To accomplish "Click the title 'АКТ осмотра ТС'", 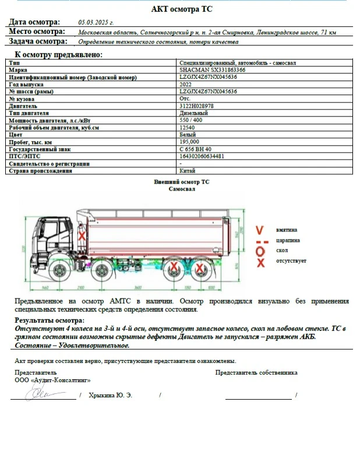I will click(x=180, y=9).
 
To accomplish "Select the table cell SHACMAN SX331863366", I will click(x=213, y=69).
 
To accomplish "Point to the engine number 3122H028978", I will click(x=196, y=106).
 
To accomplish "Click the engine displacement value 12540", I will click(x=187, y=127).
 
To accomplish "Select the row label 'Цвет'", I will click(x=15, y=135).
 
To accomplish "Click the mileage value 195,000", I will click(x=189, y=142).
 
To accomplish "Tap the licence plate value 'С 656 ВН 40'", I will click(x=195, y=149).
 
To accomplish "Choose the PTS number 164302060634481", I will click(x=202, y=156).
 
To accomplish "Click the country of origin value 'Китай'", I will click(x=188, y=171).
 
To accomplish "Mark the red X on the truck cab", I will click(x=82, y=236).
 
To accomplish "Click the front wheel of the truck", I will click(x=59, y=272).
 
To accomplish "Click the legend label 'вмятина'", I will click(x=287, y=230).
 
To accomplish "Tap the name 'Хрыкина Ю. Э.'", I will click(x=110, y=396).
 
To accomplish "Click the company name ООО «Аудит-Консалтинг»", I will click(x=52, y=380).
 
